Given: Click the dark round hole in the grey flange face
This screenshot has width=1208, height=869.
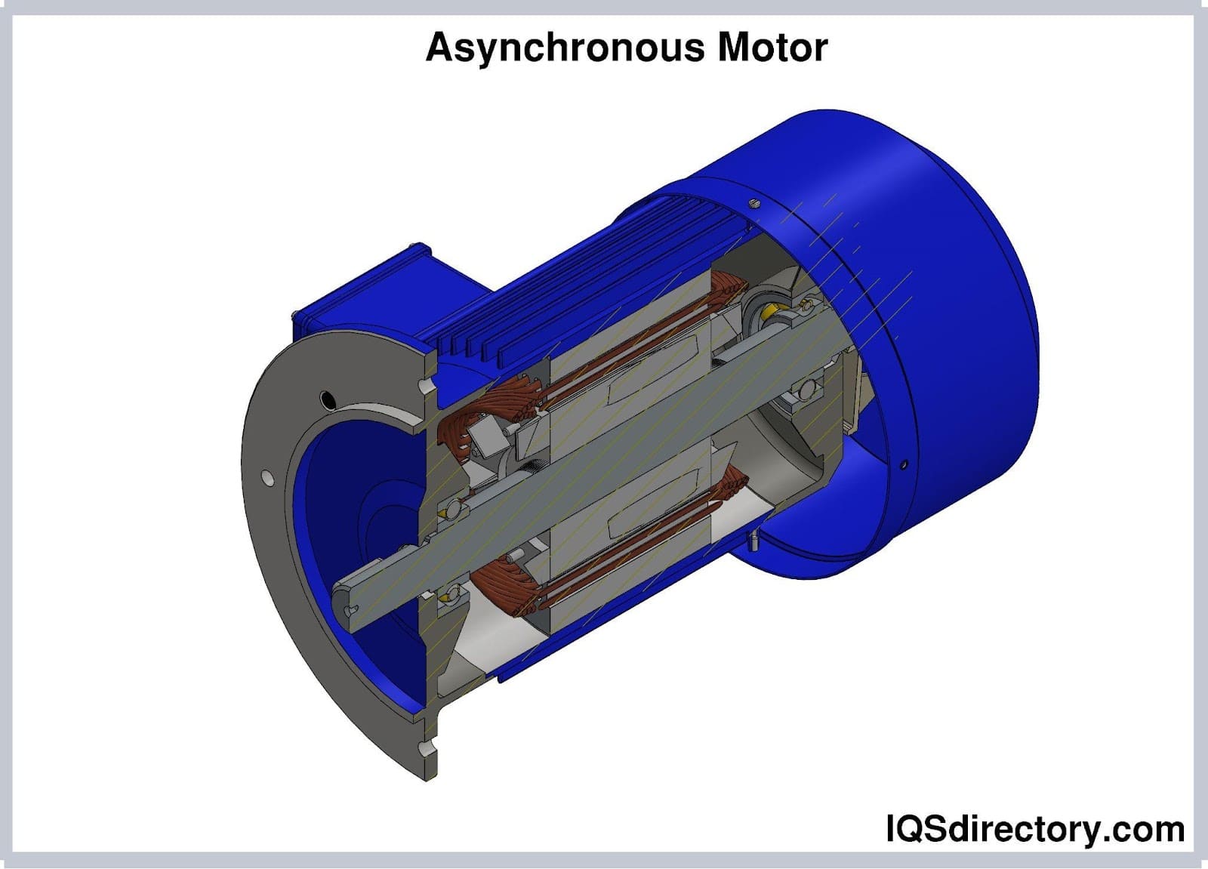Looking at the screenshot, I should pos(328,398).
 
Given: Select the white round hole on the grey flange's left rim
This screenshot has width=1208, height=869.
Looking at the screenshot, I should pos(267,477).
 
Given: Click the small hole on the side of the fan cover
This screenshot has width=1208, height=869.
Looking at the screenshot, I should pos(904,464).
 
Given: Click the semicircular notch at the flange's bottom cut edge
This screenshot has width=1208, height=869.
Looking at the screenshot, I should pos(428,750).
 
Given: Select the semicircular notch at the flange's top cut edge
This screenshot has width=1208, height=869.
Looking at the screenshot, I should pos(428,386).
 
